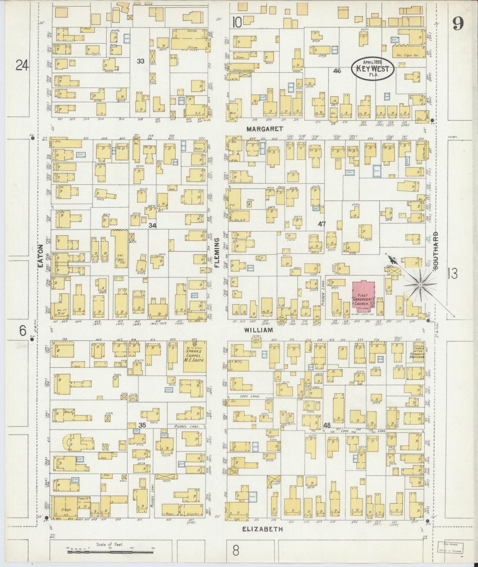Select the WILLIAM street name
click(259, 330)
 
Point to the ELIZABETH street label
click(263, 529)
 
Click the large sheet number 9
click(458, 23)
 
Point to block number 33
click(141, 61)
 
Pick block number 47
click(322, 224)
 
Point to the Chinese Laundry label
click(243, 70)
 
